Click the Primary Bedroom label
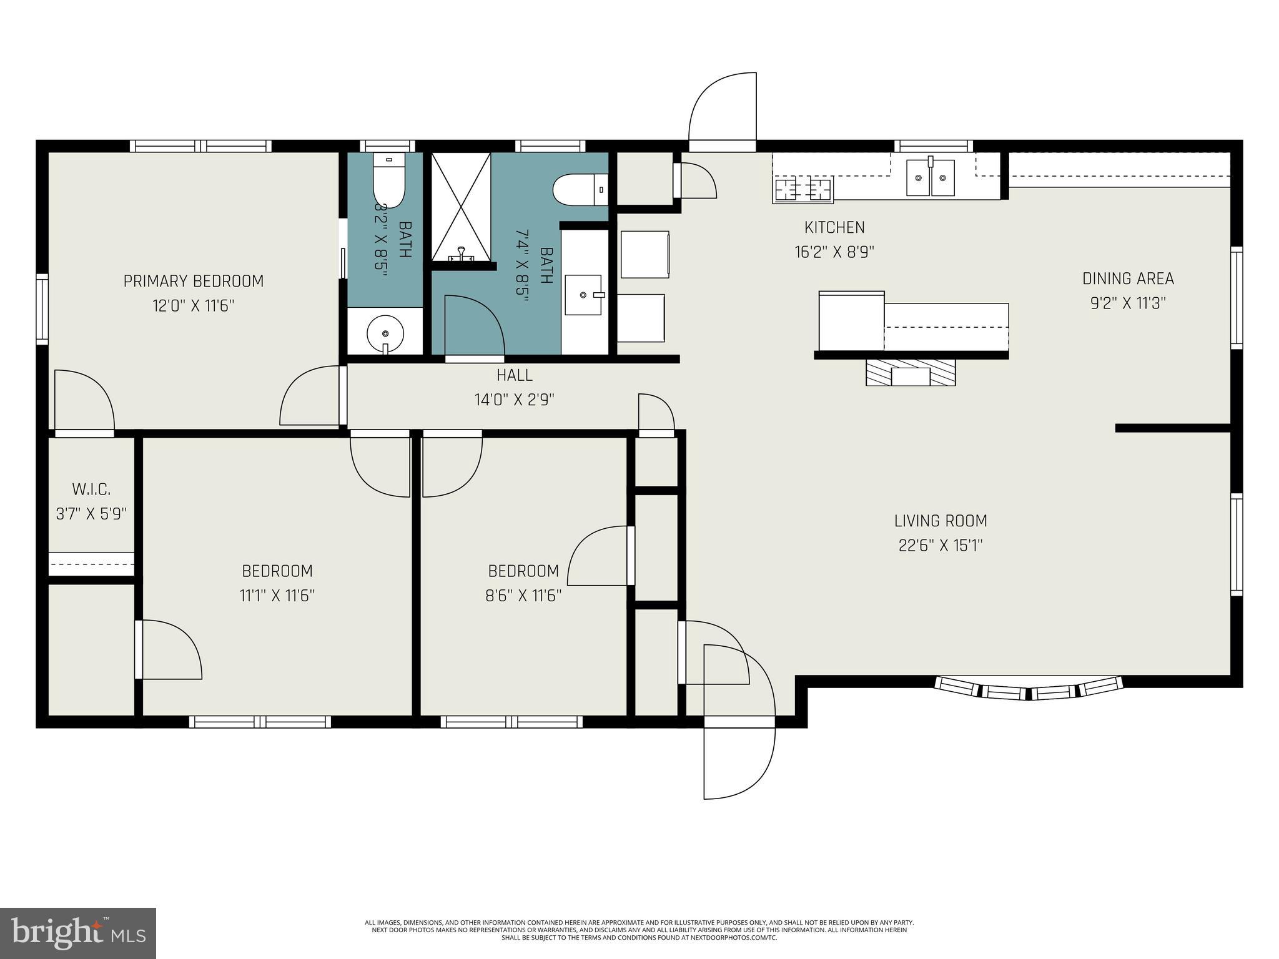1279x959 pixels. tap(194, 281)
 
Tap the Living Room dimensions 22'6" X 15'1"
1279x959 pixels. tap(941, 546)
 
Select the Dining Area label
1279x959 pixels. tap(1128, 278)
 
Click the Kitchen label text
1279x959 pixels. tap(834, 227)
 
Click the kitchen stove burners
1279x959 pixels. tap(804, 189)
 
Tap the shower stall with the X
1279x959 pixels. tap(461, 207)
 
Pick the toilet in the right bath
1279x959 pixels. tap(580, 189)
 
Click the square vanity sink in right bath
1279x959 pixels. tap(584, 295)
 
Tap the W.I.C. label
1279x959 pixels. tap(92, 489)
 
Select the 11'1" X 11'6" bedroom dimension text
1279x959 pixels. tap(277, 596)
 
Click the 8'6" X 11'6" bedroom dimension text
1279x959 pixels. tap(523, 596)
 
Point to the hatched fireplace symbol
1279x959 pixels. tap(911, 373)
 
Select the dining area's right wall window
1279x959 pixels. tap(1237, 297)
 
